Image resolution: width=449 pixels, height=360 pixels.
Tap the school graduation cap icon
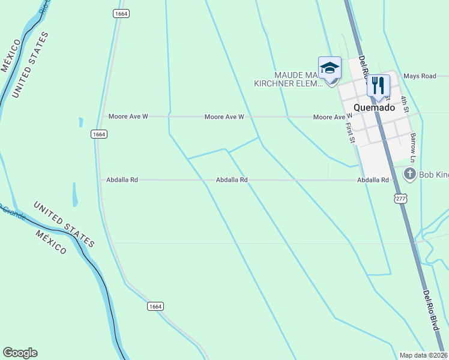coord(330,68)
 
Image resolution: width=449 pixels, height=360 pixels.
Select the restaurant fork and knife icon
coord(378,85)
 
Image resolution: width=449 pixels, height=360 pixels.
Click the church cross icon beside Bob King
coord(410,175)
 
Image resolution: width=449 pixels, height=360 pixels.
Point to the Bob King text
coord(433,175)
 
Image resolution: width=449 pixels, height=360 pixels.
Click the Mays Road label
coord(420,76)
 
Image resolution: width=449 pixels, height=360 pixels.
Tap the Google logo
coord(20,353)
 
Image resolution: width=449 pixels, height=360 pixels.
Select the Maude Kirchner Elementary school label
coord(292,79)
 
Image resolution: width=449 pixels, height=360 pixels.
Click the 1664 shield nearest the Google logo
coord(155,306)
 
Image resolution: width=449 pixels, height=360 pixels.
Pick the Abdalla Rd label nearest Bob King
coord(373,180)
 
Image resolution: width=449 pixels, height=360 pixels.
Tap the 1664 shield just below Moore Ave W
coord(100,134)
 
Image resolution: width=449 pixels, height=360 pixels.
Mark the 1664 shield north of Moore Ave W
coord(121,13)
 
